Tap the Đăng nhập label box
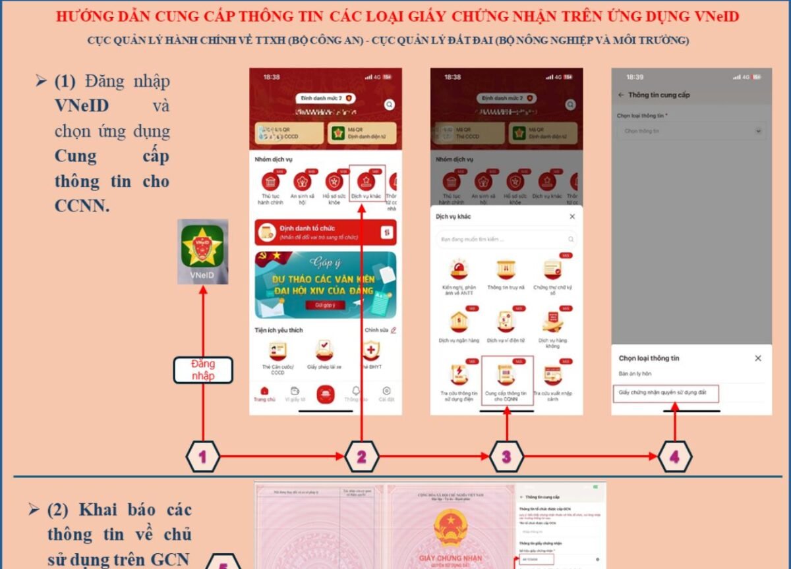[x=203, y=369]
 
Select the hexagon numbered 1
[x=203, y=456]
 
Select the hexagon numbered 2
[x=361, y=456]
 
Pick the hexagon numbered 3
[x=506, y=456]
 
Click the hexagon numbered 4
[x=675, y=456]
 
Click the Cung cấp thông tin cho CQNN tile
[x=506, y=380]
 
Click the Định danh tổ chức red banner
[x=326, y=232]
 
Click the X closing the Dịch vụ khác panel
[x=571, y=217]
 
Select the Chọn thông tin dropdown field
[x=691, y=131]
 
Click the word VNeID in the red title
[x=717, y=16]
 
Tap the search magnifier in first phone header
[x=390, y=104]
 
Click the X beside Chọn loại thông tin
[x=758, y=358]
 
